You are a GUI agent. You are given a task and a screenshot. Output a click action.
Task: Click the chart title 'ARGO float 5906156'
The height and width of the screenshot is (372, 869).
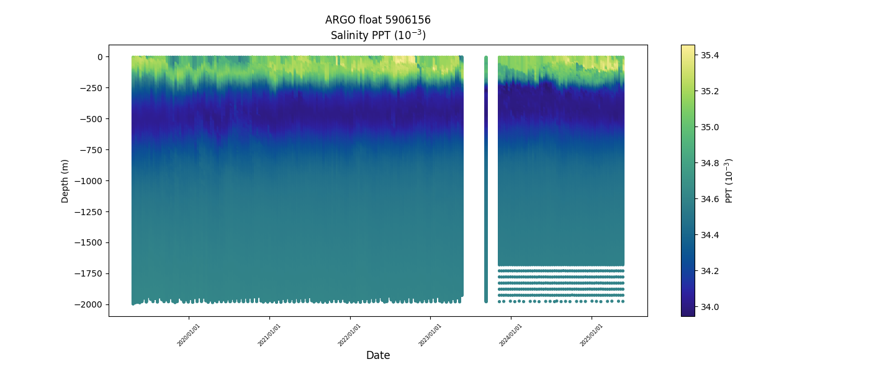point(377,20)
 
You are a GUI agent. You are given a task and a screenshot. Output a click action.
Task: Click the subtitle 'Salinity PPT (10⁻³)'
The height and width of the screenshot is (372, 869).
point(377,35)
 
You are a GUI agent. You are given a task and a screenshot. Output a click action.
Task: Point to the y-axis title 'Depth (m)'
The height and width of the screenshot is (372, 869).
point(65,180)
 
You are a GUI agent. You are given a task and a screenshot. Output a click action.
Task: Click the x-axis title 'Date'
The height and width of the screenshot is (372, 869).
point(377,355)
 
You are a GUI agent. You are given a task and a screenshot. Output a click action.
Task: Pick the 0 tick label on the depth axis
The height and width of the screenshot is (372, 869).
point(99,56)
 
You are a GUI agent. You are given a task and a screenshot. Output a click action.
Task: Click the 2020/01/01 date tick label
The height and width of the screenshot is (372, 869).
point(189,335)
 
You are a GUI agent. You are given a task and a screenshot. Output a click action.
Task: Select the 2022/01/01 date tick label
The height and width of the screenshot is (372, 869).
point(349,335)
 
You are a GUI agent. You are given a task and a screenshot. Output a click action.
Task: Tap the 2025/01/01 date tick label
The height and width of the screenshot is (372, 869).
point(592,335)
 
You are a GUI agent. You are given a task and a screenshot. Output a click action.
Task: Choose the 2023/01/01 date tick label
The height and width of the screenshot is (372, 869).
point(430,335)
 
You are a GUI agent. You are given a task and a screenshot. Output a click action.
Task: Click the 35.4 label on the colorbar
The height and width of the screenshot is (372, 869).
point(710,55)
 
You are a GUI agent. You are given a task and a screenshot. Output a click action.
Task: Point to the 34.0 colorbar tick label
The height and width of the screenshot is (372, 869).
point(710,307)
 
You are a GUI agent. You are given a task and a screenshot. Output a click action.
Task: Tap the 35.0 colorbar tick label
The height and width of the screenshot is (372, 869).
point(710,127)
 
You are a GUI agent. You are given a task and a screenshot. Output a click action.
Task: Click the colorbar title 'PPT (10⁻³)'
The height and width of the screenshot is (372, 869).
point(730,180)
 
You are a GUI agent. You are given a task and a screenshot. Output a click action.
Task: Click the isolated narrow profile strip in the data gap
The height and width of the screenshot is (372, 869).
point(486,180)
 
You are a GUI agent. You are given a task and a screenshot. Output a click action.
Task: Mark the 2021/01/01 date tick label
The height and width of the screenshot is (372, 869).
point(269,335)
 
